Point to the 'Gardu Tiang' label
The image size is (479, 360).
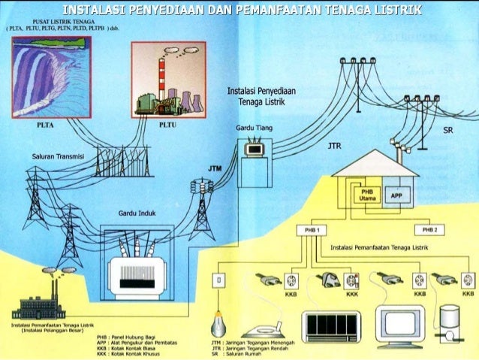tap(254, 129)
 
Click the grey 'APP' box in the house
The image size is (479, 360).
tap(396, 196)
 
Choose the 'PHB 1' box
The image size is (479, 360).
tap(312, 229)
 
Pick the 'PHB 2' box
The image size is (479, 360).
tap(430, 229)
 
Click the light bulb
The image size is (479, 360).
tap(219, 321)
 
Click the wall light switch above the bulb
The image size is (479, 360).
tap(219, 280)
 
